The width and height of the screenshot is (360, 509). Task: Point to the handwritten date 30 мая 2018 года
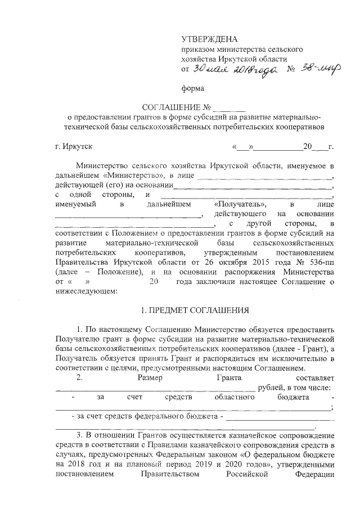(x=232, y=69)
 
